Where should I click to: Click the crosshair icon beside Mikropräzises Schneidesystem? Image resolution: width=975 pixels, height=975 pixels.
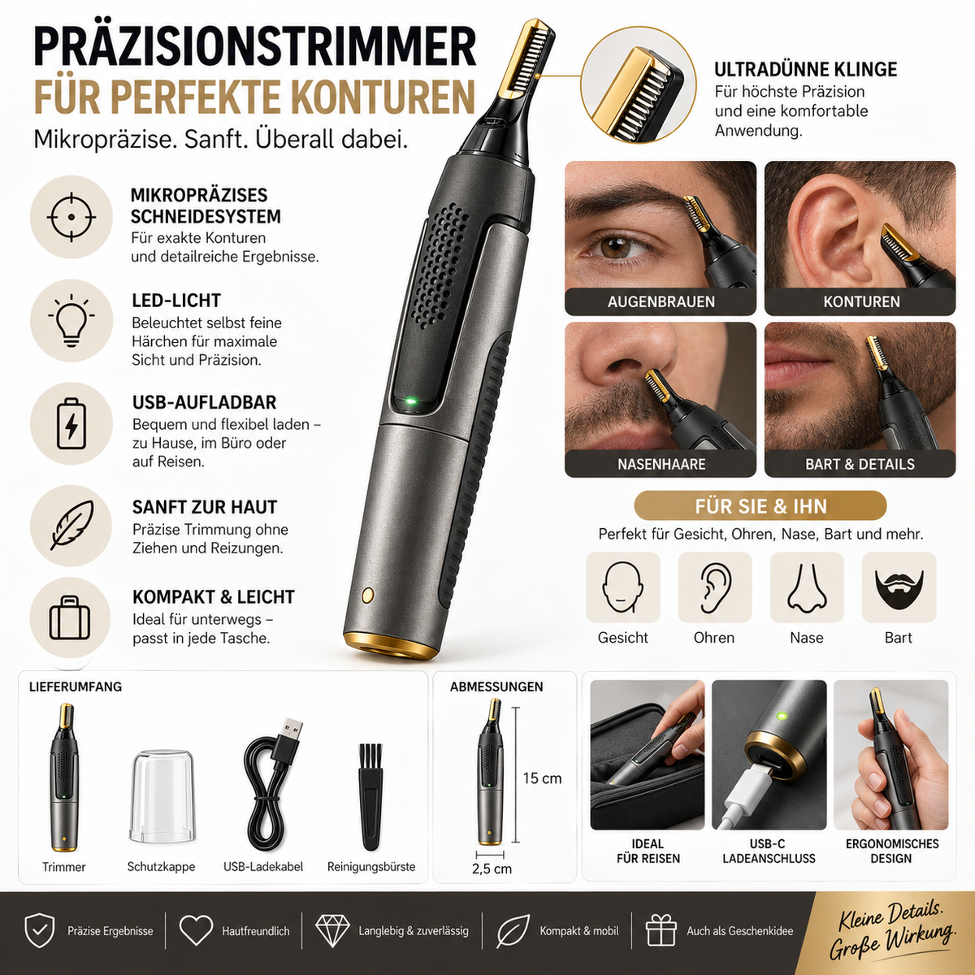[x=71, y=217]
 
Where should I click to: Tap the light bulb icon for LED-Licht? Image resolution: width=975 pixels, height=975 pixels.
[x=71, y=320]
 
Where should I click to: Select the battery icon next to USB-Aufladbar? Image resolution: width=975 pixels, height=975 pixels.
[x=71, y=423]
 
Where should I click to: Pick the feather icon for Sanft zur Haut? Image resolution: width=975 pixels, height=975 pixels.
[x=71, y=525]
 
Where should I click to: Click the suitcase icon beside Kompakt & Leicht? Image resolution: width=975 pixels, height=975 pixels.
[x=70, y=617]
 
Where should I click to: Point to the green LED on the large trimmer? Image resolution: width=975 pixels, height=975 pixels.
[x=411, y=402]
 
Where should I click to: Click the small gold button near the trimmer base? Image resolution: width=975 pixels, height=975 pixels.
[x=368, y=594]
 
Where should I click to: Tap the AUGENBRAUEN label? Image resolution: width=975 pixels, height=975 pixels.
[x=661, y=302]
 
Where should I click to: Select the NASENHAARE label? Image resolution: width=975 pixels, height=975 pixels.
[x=661, y=464]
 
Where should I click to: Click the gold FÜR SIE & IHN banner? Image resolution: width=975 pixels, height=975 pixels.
[x=760, y=506]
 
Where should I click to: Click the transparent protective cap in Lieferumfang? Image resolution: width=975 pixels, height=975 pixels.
[x=162, y=796]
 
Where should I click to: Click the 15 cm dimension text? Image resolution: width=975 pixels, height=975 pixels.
[x=542, y=778]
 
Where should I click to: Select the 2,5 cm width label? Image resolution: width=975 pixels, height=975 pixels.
[x=492, y=869]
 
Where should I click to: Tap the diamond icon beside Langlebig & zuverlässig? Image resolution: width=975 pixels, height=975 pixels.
[x=332, y=929]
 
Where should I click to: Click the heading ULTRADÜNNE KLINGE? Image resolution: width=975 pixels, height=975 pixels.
[x=805, y=69]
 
